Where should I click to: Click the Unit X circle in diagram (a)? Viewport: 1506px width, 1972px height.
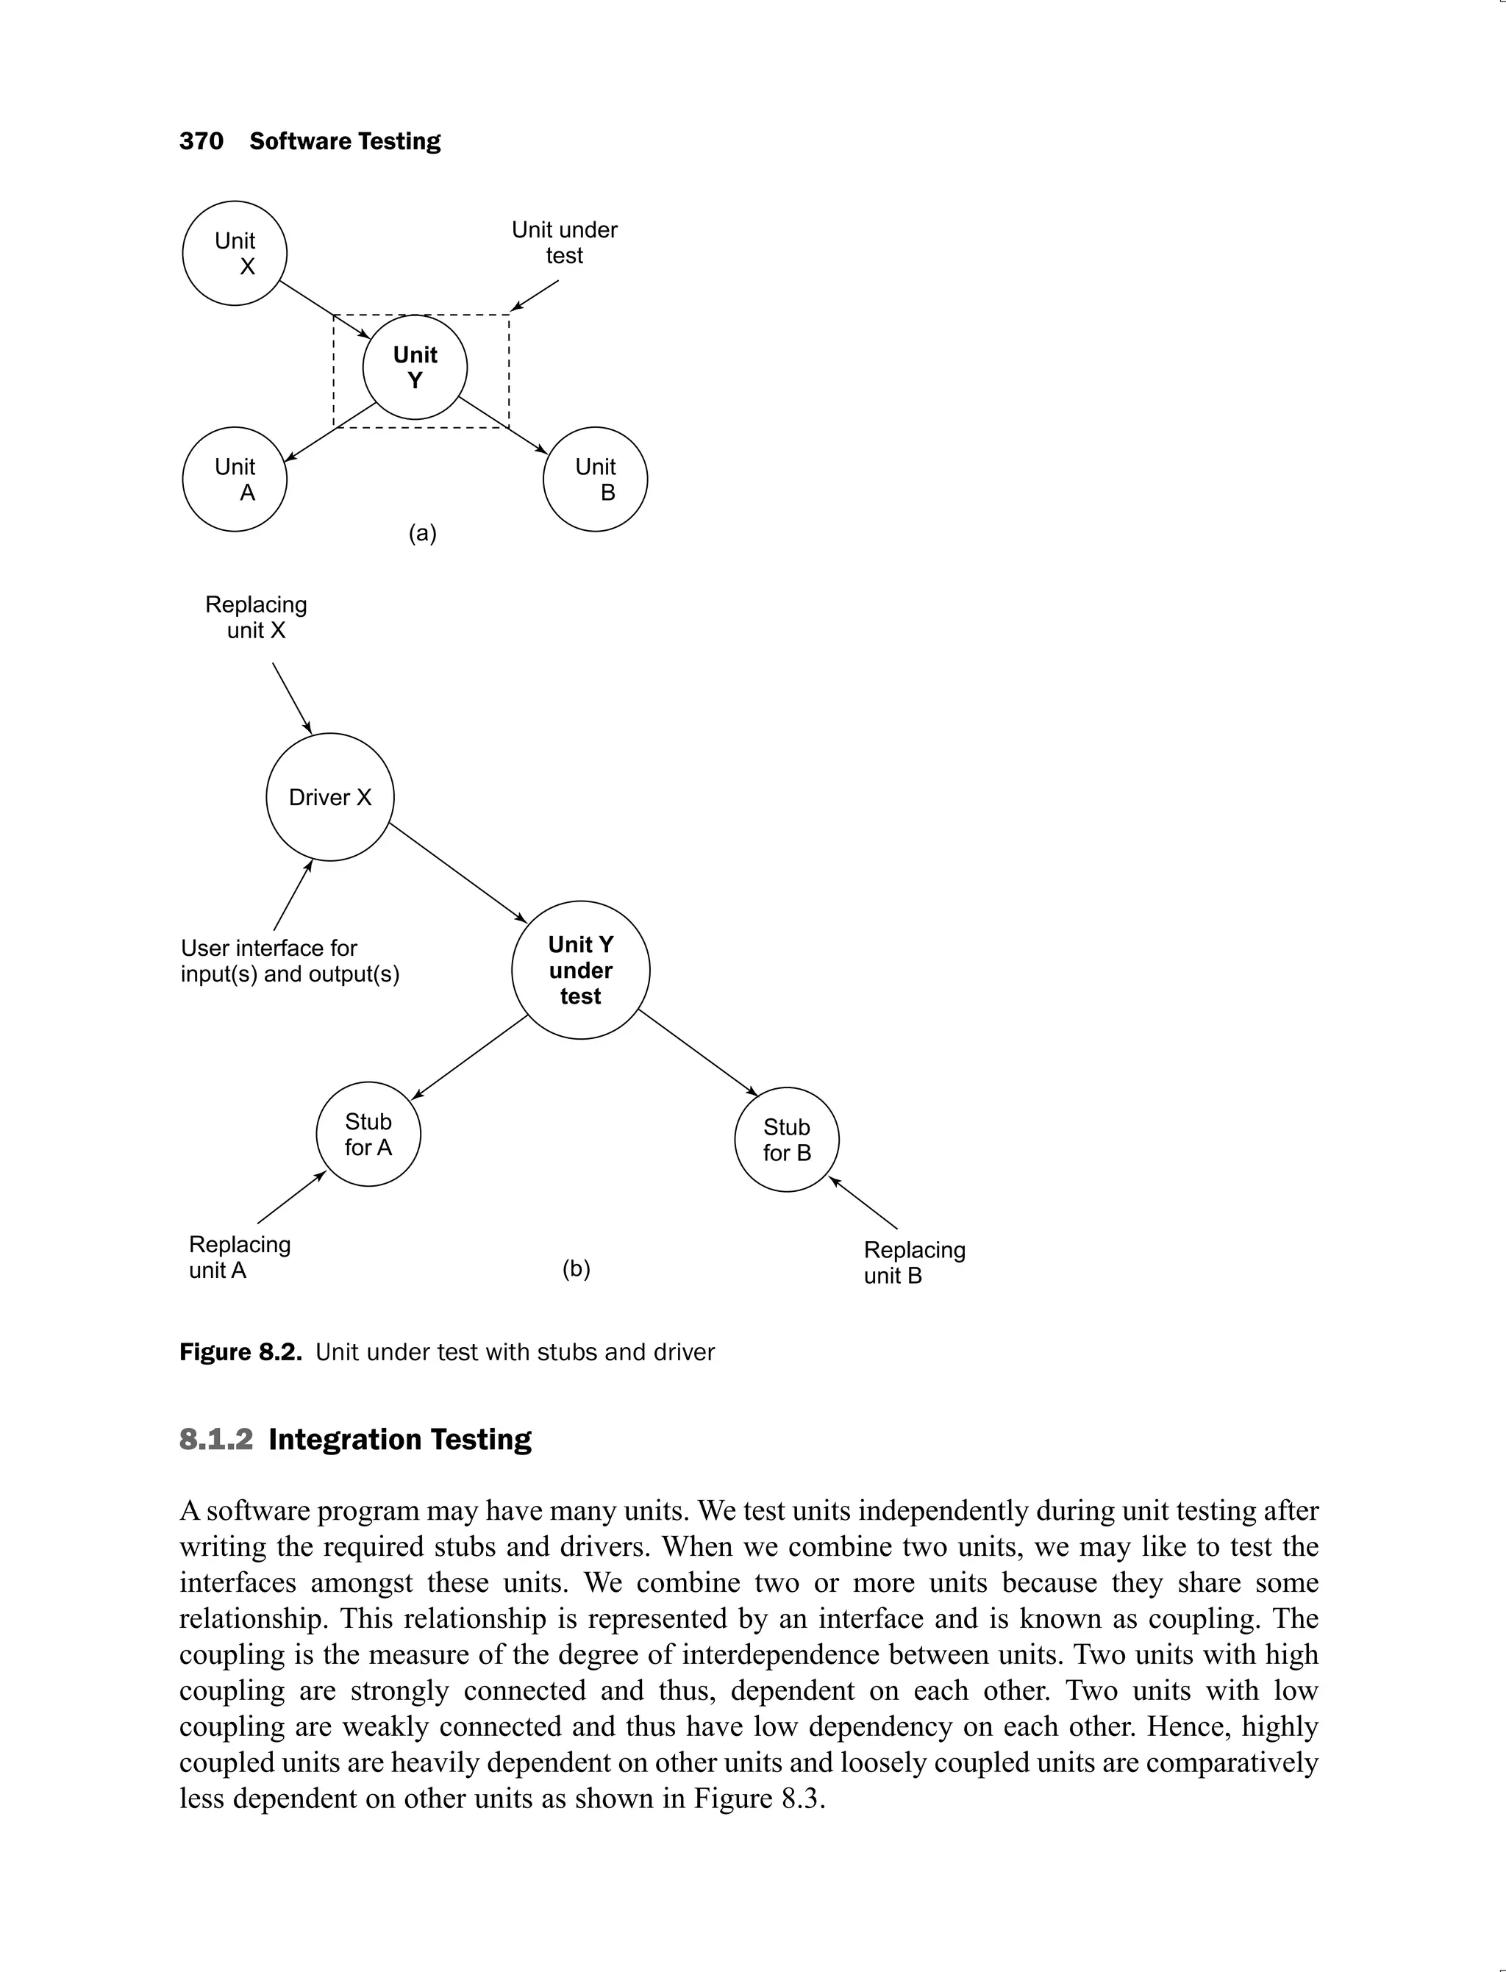tap(235, 253)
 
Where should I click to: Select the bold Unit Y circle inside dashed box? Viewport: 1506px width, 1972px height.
tap(415, 368)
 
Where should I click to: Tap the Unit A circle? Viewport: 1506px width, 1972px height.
tap(235, 479)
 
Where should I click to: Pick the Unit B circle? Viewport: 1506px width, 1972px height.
tap(595, 479)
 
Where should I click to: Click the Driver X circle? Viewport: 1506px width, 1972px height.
tap(330, 797)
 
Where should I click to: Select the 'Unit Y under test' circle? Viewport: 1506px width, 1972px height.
tap(580, 970)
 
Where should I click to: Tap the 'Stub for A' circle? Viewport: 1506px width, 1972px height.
tap(368, 1135)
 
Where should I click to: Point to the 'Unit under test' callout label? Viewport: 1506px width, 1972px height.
tap(564, 243)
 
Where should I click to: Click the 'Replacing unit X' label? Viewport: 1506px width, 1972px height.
tap(257, 618)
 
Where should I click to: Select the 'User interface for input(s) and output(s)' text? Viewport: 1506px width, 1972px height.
tap(290, 961)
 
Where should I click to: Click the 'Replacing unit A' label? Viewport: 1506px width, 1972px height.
tap(239, 1257)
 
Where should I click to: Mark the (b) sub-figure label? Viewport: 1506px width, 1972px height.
tap(576, 1268)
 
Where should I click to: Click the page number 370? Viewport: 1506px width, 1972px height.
tap(201, 142)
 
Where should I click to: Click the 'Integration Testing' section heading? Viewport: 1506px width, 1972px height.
tap(400, 1440)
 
